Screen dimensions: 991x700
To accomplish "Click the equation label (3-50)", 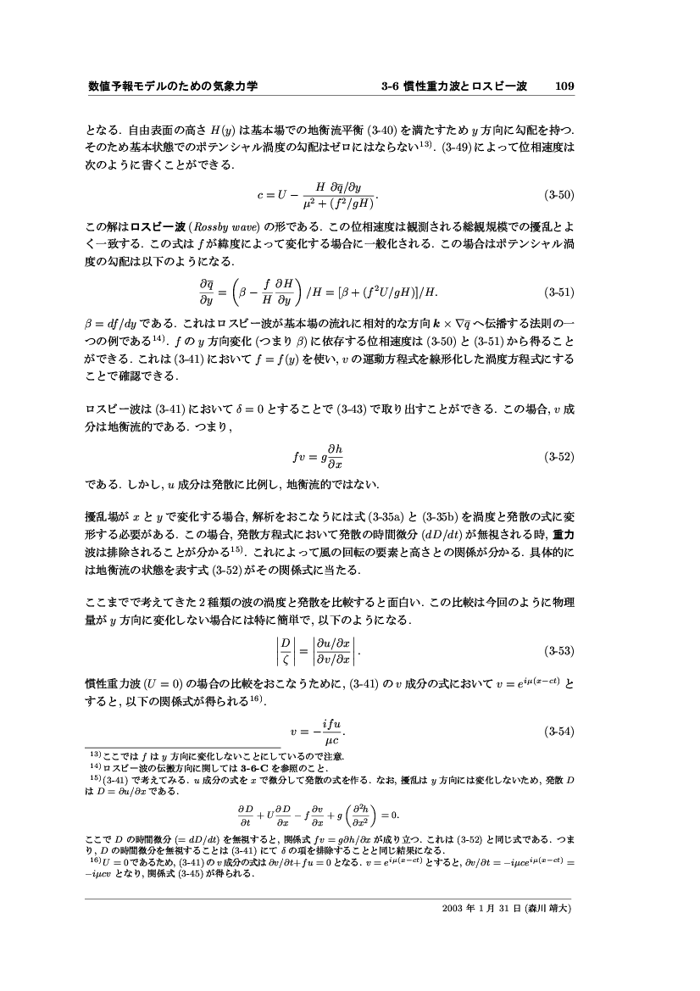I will (559, 194).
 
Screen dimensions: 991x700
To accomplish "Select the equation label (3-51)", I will (559, 292).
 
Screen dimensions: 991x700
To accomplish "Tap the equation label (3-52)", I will (559, 456).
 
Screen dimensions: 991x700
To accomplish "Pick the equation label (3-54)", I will (559, 731).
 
